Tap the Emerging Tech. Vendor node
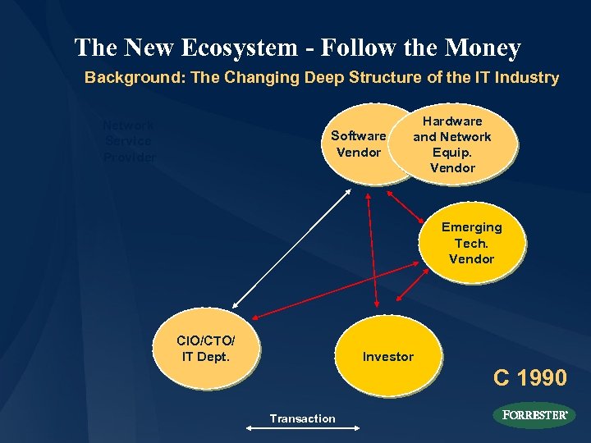click(x=471, y=243)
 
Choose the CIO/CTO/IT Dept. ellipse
click(x=204, y=349)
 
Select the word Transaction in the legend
click(x=303, y=419)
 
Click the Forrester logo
click(x=534, y=415)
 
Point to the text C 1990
click(x=529, y=378)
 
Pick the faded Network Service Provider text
click(x=129, y=141)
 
